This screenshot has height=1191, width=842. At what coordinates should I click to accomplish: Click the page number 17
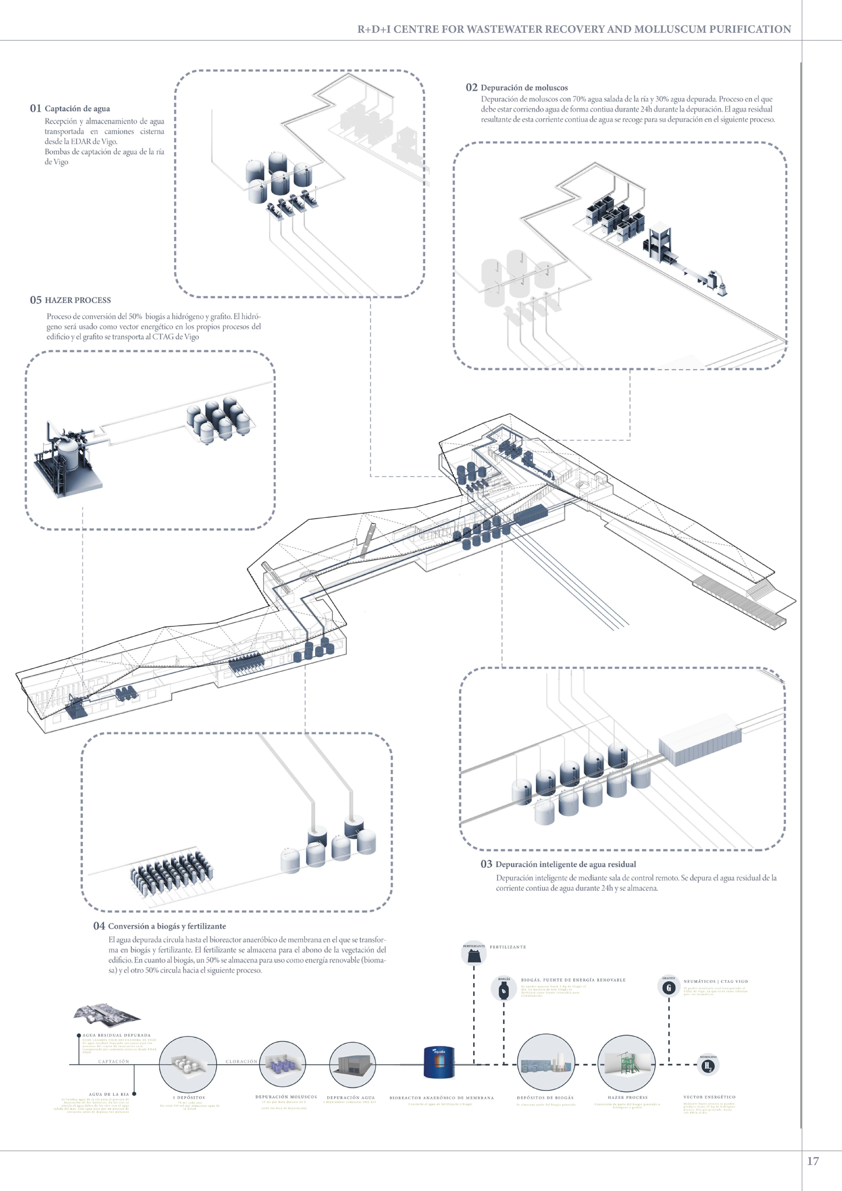pyautogui.click(x=812, y=1161)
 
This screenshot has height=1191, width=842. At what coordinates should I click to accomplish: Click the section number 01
pyautogui.click(x=35, y=108)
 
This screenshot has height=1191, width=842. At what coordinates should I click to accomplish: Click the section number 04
pyautogui.click(x=99, y=926)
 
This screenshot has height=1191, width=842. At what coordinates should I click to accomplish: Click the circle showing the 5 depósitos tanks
pyautogui.click(x=187, y=1064)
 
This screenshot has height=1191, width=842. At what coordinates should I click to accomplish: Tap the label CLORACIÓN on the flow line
pyautogui.click(x=241, y=1061)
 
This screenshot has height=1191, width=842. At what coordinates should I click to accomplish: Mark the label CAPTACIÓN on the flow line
pyautogui.click(x=114, y=1061)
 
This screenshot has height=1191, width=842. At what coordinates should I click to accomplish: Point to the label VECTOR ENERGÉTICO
pyautogui.click(x=709, y=1097)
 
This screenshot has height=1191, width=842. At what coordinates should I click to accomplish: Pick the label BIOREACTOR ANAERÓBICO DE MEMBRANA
pyautogui.click(x=441, y=1098)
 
